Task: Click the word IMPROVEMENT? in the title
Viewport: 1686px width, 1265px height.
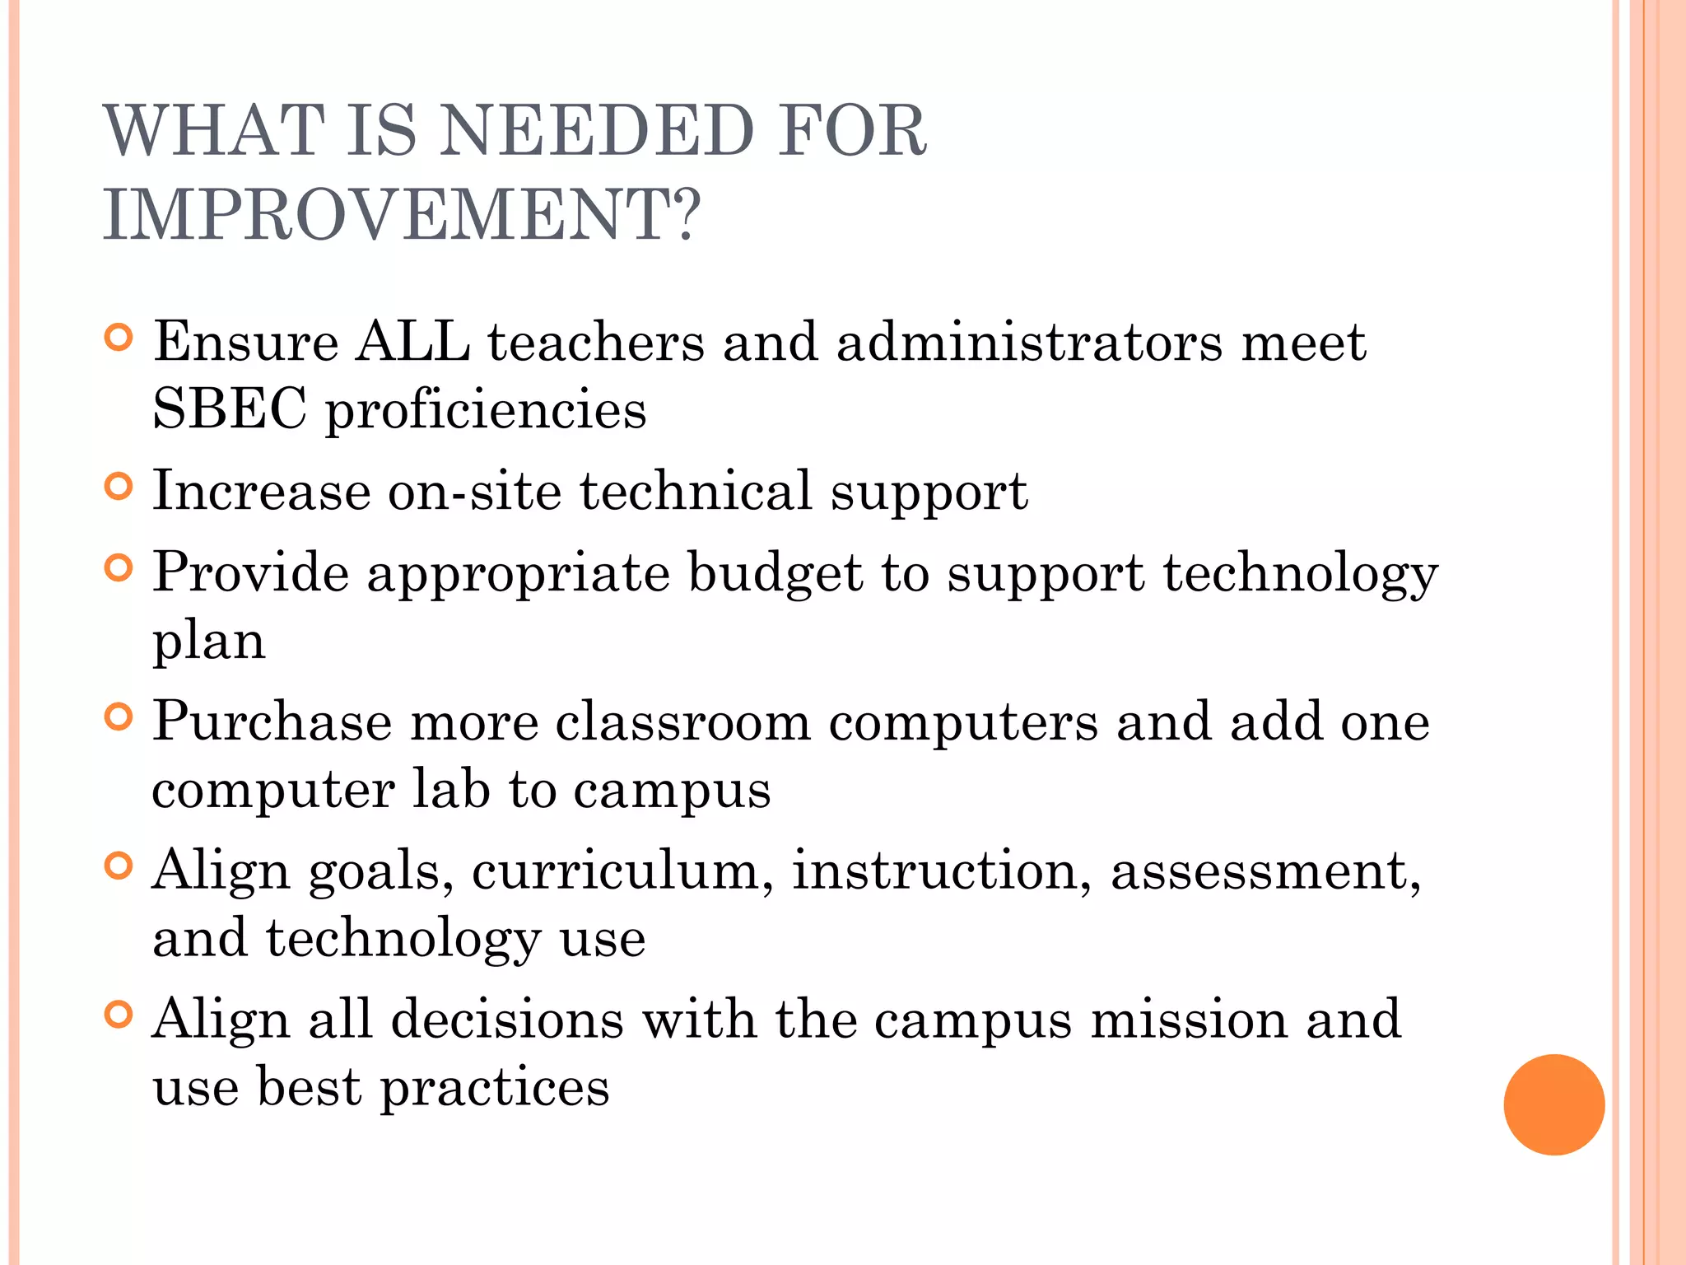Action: point(402,214)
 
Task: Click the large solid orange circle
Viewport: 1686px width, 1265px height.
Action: point(1553,1104)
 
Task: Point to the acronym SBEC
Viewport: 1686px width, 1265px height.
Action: point(230,408)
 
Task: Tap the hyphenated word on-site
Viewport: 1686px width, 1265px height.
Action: point(474,491)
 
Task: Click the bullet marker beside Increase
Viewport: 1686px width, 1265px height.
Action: point(119,486)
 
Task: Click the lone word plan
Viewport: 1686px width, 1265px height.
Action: point(209,642)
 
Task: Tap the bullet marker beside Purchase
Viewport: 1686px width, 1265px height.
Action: point(119,717)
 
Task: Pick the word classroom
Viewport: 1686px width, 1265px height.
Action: point(682,722)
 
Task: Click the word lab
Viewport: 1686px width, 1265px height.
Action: point(450,789)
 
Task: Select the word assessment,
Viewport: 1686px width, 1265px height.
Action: point(1265,871)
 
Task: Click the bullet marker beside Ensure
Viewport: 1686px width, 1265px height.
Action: point(119,338)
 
